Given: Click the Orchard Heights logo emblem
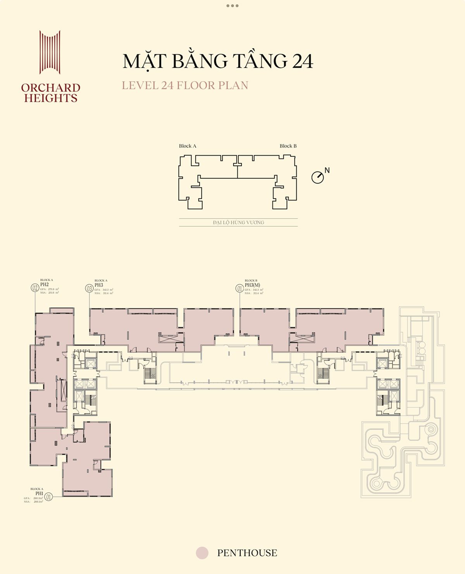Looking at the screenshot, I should click(50, 52).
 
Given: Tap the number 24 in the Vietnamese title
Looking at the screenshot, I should click(302, 62).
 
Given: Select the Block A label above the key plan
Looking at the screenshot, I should click(188, 146).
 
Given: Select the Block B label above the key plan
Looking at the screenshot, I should click(288, 146).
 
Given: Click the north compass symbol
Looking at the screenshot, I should click(318, 178).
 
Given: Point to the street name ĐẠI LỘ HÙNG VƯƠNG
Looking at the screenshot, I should click(238, 223).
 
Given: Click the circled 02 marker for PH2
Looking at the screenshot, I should click(35, 288).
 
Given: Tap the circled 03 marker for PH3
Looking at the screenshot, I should click(90, 288).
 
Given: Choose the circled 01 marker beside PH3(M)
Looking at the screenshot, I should click(239, 288).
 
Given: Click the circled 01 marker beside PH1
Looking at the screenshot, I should click(48, 496).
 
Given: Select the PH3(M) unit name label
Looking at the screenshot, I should click(252, 285).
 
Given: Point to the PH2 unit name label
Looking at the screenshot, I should click(45, 284).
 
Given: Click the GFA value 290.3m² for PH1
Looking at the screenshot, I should click(38, 498).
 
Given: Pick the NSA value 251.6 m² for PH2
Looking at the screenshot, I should click(53, 293).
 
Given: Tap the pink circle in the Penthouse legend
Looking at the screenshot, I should click(202, 553).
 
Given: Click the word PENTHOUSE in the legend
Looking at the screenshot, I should click(247, 553).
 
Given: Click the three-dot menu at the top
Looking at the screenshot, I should click(232, 6).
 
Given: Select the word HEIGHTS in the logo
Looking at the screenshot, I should click(51, 98).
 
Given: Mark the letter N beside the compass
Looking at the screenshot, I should click(327, 170).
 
